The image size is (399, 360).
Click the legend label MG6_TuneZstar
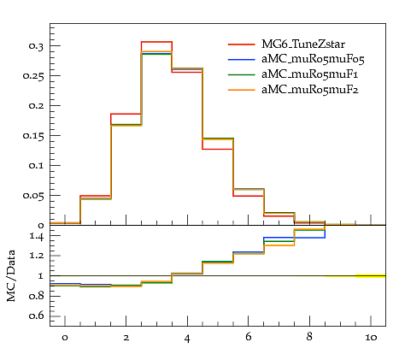point(303,44)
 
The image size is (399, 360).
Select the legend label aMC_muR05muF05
point(313,59)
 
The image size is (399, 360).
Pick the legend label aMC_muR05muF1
point(309,74)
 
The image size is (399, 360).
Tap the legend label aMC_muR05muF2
point(310,90)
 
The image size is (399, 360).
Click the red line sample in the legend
point(241,44)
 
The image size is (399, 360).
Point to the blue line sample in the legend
point(241,60)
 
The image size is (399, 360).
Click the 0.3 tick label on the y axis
point(36,46)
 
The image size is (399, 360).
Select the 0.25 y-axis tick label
point(33,76)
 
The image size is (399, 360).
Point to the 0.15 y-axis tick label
point(33,136)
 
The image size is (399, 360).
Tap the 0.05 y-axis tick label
point(33,196)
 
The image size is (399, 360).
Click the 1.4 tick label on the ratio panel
point(37,236)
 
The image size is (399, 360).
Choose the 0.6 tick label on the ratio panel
point(36,316)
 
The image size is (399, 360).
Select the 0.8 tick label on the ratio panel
point(36,296)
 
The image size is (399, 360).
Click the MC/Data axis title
point(11,276)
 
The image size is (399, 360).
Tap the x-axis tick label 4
point(187,339)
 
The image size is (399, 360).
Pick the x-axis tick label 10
point(371,338)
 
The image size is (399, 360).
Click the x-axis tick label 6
point(248,337)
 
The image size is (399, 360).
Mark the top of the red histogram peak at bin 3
point(156,42)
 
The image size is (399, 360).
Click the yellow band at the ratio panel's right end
point(370,275)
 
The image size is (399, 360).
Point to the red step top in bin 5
point(218,149)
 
